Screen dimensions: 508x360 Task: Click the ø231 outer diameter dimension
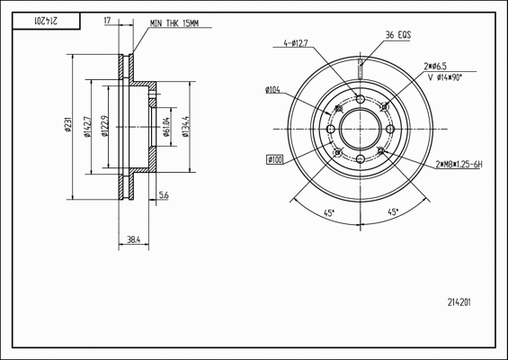(68, 124)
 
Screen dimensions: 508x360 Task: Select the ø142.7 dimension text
(87, 127)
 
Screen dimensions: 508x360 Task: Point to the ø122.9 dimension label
(104, 126)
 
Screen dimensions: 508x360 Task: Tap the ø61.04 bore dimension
(166, 127)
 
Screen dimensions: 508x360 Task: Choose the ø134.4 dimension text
(186, 127)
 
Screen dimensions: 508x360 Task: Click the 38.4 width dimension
(133, 240)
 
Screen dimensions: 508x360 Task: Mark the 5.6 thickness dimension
(164, 195)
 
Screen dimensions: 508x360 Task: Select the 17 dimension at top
(107, 21)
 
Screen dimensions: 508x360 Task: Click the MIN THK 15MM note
(174, 23)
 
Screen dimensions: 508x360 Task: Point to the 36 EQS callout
(398, 35)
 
